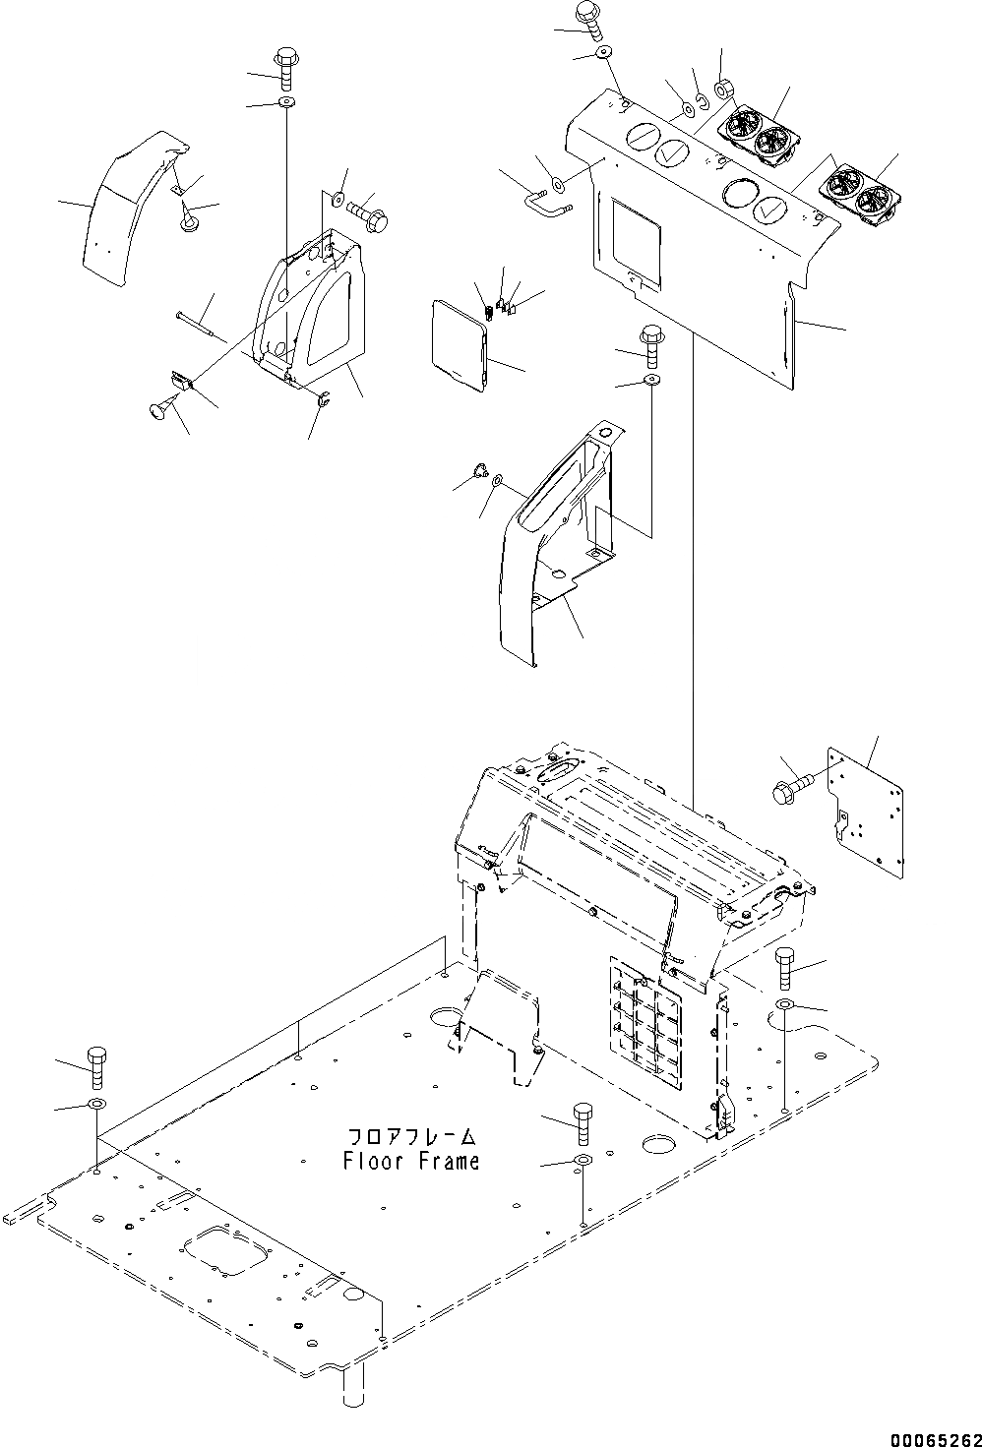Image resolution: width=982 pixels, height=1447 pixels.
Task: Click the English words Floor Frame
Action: pyautogui.click(x=411, y=1161)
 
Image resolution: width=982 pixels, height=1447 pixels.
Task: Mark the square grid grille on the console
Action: pyautogui.click(x=644, y=1024)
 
